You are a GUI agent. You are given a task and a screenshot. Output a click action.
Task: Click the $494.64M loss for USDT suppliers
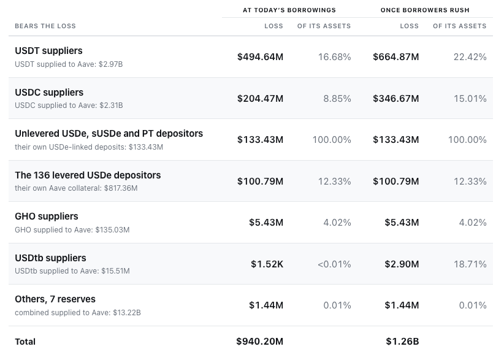261,57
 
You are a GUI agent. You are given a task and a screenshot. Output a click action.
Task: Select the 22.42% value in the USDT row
470,57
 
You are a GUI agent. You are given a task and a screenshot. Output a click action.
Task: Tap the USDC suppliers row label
49,93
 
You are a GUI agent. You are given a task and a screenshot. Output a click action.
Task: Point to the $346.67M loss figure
396,98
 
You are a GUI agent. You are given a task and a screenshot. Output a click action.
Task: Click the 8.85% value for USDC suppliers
337,98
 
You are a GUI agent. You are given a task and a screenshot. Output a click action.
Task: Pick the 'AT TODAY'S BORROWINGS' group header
289,10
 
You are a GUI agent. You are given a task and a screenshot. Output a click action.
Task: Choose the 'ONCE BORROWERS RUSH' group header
425,10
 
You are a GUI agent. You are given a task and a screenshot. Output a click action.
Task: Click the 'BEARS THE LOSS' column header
45,26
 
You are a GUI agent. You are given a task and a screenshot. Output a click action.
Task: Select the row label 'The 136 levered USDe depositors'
88,175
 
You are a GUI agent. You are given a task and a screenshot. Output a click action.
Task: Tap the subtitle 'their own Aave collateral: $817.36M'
76,188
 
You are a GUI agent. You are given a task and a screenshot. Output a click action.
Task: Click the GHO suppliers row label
47,216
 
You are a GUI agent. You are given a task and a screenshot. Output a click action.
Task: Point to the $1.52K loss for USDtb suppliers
267,264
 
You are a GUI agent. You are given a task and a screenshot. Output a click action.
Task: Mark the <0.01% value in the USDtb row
334,264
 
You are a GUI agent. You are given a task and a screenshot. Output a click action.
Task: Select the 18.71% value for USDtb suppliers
470,264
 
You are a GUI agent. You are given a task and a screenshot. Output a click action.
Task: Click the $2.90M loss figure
402,264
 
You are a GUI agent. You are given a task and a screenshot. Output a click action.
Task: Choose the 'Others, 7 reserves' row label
55,299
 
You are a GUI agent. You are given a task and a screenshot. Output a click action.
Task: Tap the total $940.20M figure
260,342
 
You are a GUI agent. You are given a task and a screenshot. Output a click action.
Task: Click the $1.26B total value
402,342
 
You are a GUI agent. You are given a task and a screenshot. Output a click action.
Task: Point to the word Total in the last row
25,342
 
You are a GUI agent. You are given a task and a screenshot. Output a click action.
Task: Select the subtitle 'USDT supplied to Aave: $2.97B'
69,64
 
